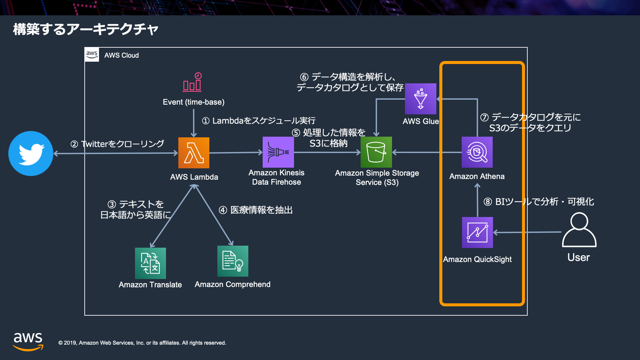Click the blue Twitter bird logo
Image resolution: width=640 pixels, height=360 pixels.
click(31, 153)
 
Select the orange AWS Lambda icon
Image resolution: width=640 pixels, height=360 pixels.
click(194, 153)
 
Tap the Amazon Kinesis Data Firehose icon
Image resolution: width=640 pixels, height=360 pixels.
click(278, 152)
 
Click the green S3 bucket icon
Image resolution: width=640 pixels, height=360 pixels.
click(376, 152)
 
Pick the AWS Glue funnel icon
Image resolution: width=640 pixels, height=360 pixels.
click(421, 99)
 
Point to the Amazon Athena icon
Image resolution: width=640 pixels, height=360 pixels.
click(477, 152)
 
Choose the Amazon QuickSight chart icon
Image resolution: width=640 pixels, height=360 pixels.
click(477, 232)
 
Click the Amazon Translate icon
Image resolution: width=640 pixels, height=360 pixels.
click(150, 263)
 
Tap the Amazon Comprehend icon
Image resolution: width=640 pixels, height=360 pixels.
click(233, 261)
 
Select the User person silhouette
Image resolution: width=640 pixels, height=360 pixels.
click(579, 230)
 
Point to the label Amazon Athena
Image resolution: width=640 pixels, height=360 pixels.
click(477, 176)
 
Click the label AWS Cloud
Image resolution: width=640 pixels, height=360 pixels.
click(121, 55)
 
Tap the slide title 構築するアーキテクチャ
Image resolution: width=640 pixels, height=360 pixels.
click(86, 29)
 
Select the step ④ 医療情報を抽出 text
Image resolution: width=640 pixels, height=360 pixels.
click(256, 210)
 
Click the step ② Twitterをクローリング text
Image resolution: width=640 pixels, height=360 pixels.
click(117, 144)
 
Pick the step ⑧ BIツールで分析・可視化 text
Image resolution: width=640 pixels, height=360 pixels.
click(539, 202)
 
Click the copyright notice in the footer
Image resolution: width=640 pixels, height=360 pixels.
click(142, 343)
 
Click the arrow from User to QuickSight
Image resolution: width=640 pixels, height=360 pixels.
click(527, 232)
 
